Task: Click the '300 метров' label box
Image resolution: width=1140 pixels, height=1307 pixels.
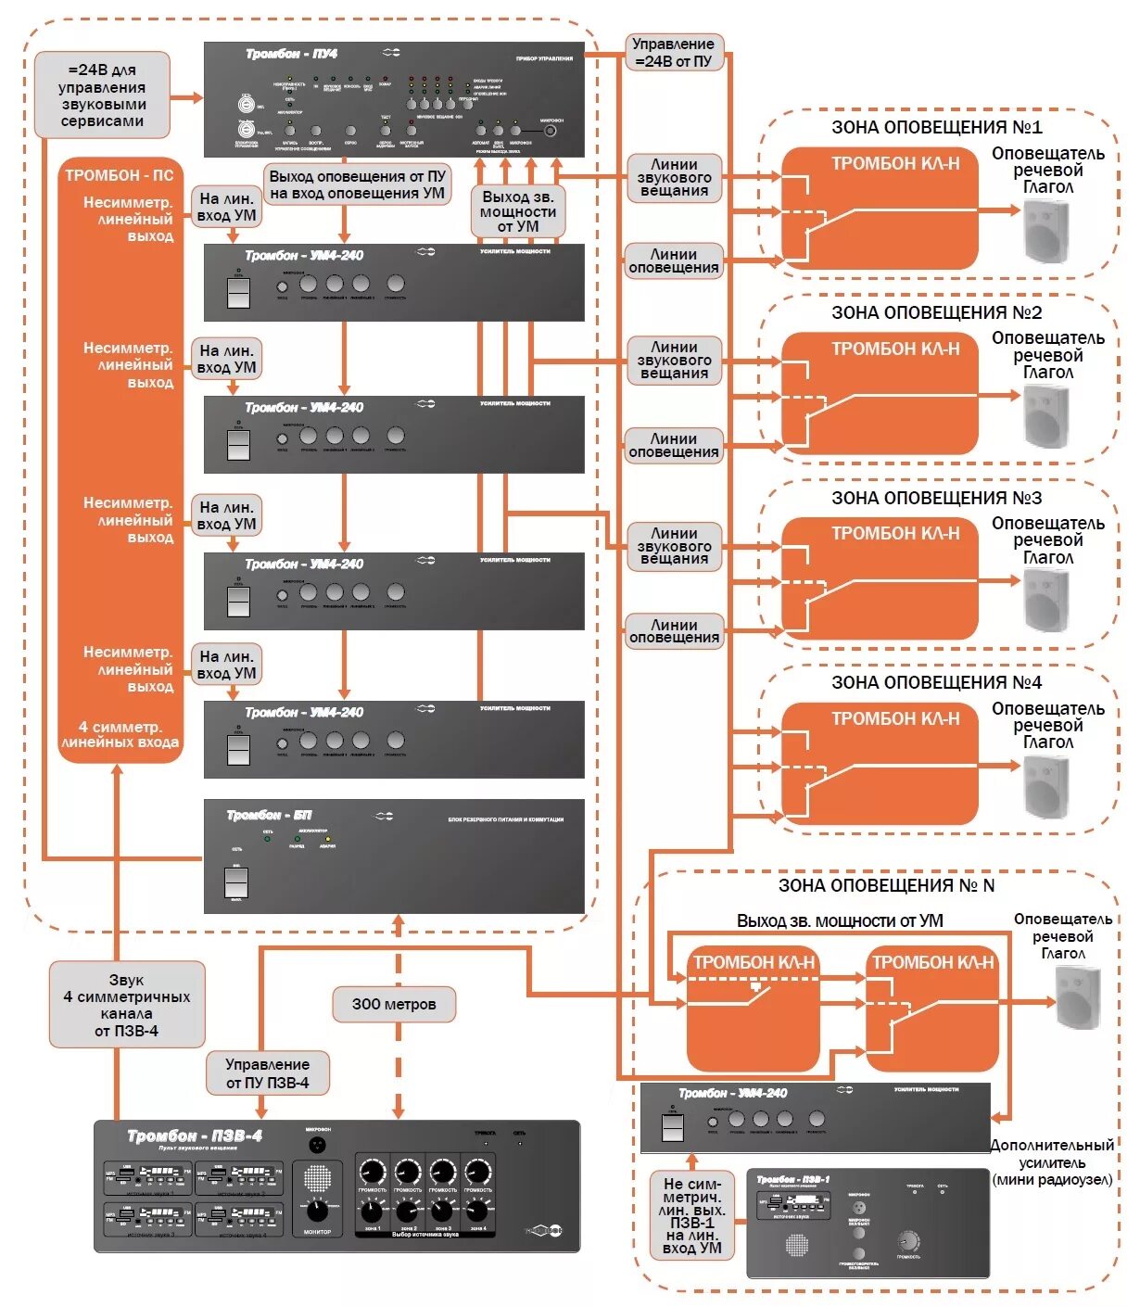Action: [394, 1004]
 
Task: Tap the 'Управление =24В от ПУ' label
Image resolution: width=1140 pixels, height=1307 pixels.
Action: [673, 52]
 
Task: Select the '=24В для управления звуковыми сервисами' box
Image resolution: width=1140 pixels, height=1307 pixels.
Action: [102, 95]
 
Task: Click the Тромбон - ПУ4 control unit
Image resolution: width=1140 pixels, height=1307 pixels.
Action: [394, 99]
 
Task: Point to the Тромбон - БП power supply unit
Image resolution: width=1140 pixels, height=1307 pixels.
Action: [394, 856]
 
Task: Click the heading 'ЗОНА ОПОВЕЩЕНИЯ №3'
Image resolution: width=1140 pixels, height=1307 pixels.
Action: [936, 498]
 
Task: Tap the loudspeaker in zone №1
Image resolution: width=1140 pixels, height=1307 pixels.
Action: [1046, 230]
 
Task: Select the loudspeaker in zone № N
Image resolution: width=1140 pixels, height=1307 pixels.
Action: [1078, 996]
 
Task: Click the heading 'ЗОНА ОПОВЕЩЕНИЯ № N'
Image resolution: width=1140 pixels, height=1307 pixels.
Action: [886, 885]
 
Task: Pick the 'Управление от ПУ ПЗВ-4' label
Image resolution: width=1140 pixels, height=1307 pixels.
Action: [267, 1073]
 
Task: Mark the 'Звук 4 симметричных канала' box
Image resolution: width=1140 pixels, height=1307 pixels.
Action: [127, 1005]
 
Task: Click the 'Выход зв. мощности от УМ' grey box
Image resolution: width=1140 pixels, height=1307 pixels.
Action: [518, 211]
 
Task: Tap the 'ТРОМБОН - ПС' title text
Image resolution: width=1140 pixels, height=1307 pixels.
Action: [119, 175]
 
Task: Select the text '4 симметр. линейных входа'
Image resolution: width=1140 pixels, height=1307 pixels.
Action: [120, 734]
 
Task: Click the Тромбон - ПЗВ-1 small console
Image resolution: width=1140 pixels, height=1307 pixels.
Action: [868, 1224]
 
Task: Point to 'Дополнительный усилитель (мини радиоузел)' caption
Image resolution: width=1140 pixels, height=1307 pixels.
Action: [1052, 1162]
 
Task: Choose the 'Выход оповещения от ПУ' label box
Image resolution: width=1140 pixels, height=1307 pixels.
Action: [357, 184]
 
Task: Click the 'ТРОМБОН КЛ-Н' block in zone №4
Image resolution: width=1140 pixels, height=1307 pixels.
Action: [880, 764]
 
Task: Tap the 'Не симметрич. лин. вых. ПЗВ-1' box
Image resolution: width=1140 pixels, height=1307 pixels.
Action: [692, 1214]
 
